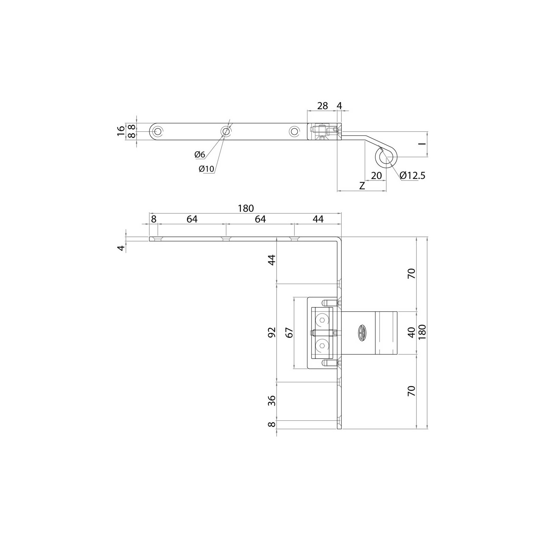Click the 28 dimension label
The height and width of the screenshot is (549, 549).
[x=323, y=106]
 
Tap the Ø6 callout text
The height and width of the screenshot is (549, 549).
[x=200, y=155]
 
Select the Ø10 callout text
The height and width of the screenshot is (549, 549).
[x=206, y=169]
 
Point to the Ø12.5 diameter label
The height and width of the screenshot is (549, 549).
[x=412, y=175]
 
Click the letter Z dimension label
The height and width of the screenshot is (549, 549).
[x=362, y=186]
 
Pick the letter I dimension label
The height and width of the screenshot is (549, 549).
[x=423, y=144]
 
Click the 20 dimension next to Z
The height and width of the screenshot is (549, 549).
[x=376, y=175]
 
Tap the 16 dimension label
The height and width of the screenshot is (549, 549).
[x=121, y=131]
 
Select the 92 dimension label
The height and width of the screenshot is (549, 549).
[x=272, y=332]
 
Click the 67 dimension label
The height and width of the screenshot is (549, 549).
[x=290, y=332]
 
